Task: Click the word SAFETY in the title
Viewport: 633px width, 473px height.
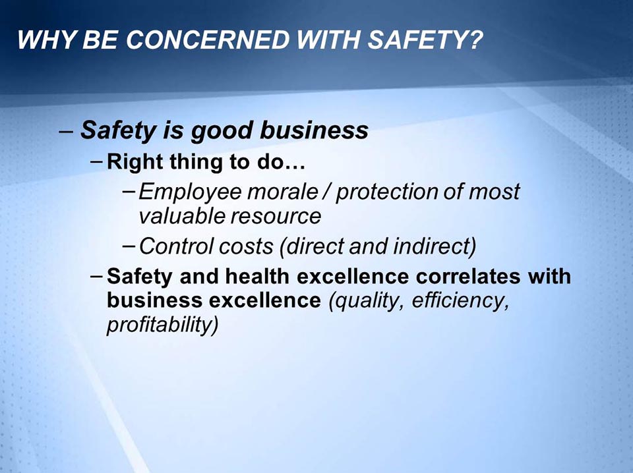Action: click(x=423, y=41)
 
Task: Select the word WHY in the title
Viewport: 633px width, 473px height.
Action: click(x=42, y=41)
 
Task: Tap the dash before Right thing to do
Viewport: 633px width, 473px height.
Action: click(x=97, y=161)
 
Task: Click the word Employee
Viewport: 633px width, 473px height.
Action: click(x=179, y=192)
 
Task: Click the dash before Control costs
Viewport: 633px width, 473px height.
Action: click(x=130, y=246)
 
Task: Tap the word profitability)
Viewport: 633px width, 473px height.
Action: click(x=162, y=325)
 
